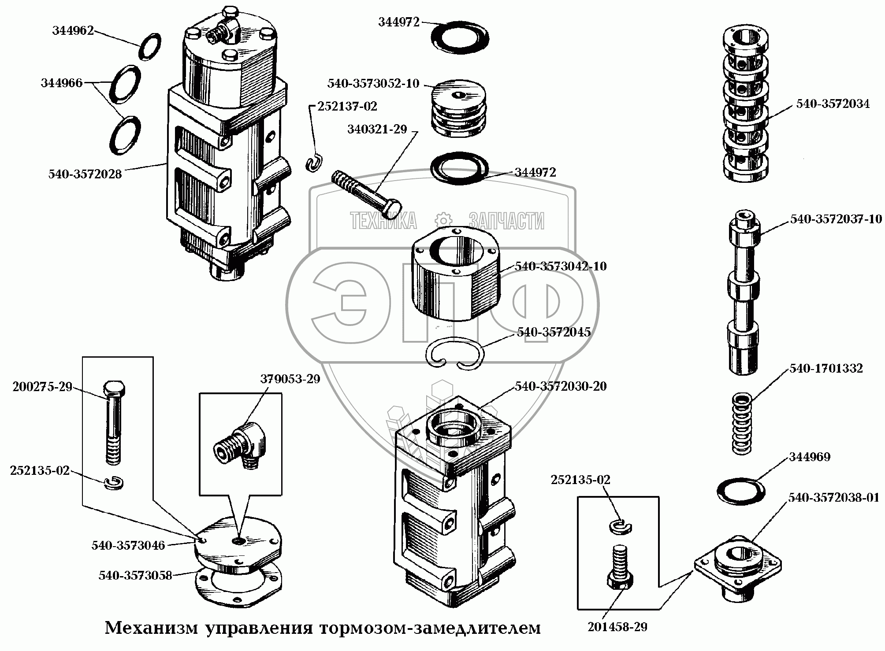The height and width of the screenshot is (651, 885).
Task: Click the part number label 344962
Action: click(x=73, y=31)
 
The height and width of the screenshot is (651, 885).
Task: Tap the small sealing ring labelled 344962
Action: click(x=150, y=47)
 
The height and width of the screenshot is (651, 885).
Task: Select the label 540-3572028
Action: click(x=85, y=174)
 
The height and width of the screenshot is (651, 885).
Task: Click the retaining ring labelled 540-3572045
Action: click(x=456, y=354)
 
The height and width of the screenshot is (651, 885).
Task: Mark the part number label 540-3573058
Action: click(x=135, y=575)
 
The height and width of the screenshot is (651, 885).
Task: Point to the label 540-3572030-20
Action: click(x=560, y=386)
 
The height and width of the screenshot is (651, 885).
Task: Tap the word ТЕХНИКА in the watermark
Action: click(x=383, y=221)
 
